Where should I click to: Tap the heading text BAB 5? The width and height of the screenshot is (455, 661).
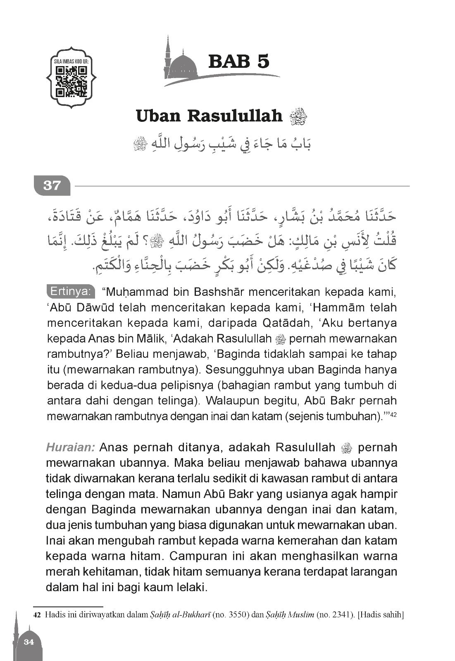point(239,61)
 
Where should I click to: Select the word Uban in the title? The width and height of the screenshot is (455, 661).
point(159,116)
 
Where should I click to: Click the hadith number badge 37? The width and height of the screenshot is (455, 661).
point(52,186)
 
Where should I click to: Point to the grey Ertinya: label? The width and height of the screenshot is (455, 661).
point(70,291)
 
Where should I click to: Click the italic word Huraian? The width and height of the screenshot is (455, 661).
point(71,447)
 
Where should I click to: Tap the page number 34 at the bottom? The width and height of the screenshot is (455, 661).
point(29,642)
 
